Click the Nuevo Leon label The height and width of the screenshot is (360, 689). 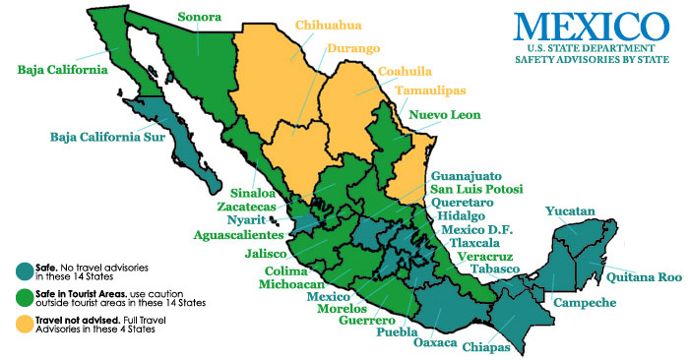(444, 115)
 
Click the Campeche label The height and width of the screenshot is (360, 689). (587, 303)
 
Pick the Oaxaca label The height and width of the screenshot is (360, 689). (435, 342)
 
